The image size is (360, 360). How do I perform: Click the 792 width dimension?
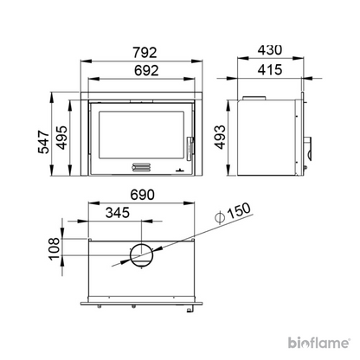145,53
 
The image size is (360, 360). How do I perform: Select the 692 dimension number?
146,70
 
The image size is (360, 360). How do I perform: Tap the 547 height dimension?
44,142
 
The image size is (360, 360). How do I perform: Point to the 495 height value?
61,138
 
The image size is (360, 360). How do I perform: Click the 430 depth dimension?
270,50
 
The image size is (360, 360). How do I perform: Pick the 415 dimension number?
270,70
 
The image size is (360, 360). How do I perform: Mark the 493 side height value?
220,137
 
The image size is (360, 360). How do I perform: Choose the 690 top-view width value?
143,195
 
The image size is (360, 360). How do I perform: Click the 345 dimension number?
118,213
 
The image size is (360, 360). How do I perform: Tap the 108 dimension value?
55,249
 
